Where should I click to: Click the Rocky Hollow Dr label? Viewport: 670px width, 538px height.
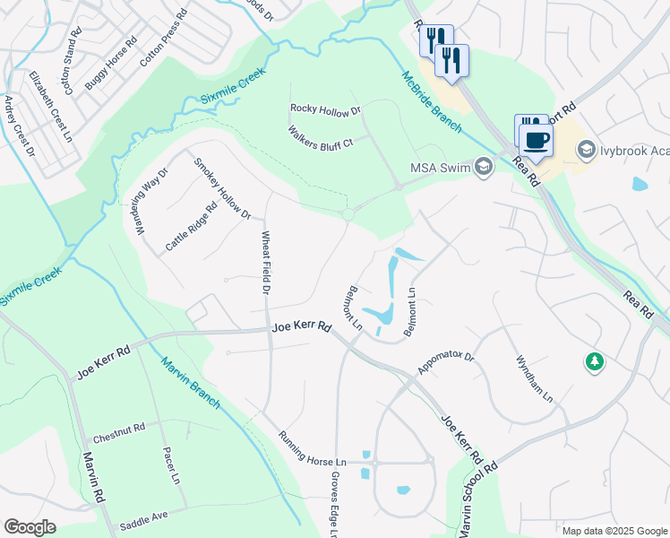pyautogui.click(x=324, y=110)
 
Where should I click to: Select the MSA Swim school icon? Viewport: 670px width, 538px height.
pyautogui.click(x=484, y=167)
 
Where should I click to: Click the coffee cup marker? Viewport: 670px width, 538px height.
pyautogui.click(x=537, y=140)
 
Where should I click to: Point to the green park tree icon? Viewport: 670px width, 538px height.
pyautogui.click(x=592, y=362)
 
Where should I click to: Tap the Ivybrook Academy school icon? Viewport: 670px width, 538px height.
pyautogui.click(x=588, y=150)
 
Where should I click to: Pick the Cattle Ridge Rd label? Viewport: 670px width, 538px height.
pyautogui.click(x=191, y=227)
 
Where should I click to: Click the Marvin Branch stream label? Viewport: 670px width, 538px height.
pyautogui.click(x=190, y=383)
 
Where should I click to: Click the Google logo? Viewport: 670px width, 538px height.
pyautogui.click(x=30, y=527)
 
